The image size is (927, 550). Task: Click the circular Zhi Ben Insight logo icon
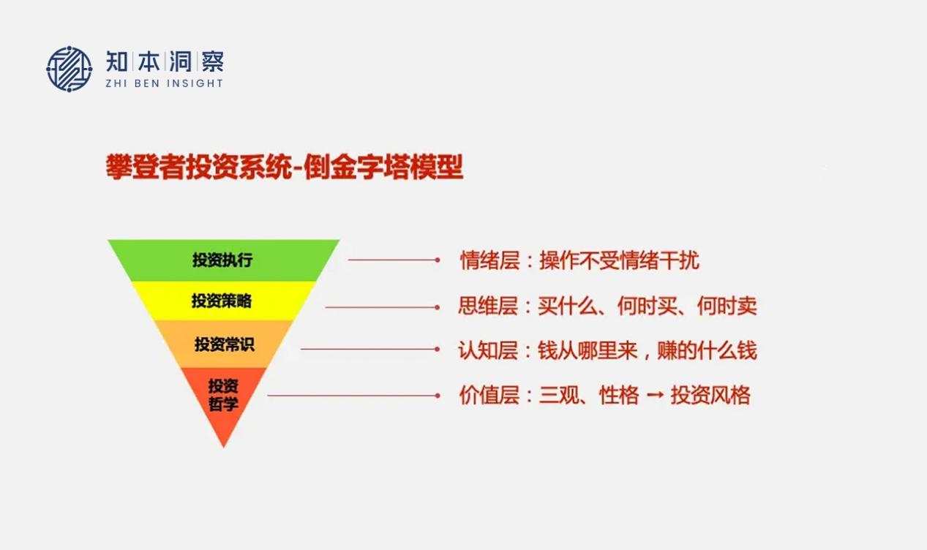(69, 69)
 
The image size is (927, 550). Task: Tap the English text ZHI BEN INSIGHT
(165, 83)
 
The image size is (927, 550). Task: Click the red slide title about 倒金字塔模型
(285, 167)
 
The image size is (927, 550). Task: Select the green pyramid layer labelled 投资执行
(223, 260)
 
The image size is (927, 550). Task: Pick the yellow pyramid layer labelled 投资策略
(223, 301)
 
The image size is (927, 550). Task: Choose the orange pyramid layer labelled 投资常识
(223, 344)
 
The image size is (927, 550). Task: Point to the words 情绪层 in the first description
(489, 260)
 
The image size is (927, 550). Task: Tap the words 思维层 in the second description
(488, 306)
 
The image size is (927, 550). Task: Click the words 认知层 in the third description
(488, 350)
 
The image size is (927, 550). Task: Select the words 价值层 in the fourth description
(489, 395)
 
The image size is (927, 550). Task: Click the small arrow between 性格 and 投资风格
(655, 396)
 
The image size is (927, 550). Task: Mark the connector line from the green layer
(394, 260)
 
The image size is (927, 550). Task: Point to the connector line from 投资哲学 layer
(354, 396)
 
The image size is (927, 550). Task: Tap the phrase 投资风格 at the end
(710, 395)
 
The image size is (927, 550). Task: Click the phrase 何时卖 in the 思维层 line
(727, 306)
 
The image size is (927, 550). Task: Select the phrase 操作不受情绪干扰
(619, 260)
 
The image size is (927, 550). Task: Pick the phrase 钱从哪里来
(588, 350)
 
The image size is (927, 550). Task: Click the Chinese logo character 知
(117, 61)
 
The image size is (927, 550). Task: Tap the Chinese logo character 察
(213, 61)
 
